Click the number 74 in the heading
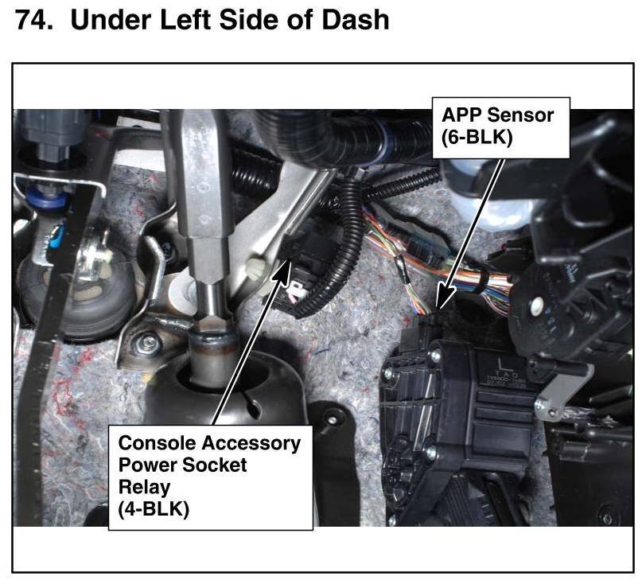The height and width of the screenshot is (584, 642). click(x=33, y=19)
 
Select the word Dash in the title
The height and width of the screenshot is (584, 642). click(x=353, y=19)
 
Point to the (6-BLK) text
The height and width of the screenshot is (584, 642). click(x=477, y=137)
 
